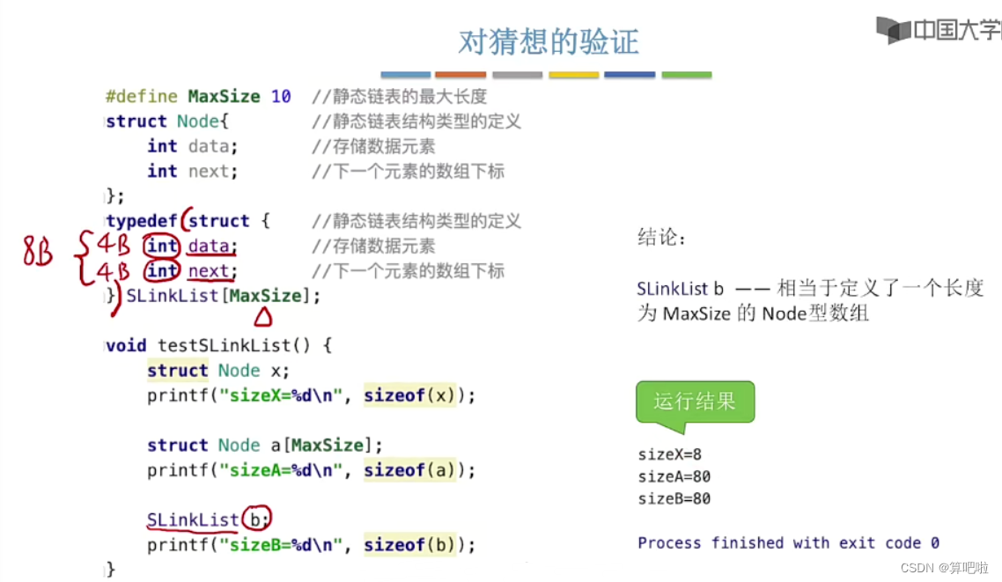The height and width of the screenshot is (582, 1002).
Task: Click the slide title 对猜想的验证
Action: [x=548, y=41]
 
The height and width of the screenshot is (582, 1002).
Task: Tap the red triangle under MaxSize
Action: [x=264, y=317]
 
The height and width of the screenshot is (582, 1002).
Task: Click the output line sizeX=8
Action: [x=669, y=455]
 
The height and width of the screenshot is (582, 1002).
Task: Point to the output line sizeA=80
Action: [x=674, y=477]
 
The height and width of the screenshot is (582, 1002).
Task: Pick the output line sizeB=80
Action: [x=674, y=499]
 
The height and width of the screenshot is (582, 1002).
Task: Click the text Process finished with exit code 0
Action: [x=788, y=543]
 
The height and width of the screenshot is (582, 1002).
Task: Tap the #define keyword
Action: [x=142, y=96]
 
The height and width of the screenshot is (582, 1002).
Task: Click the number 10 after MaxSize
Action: [x=281, y=96]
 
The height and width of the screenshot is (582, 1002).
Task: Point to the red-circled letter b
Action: [x=256, y=519]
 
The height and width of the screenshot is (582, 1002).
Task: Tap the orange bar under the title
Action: [x=460, y=75]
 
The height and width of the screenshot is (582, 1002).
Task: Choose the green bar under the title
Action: [x=686, y=75]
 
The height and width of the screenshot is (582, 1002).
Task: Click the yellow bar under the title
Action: [x=573, y=75]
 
